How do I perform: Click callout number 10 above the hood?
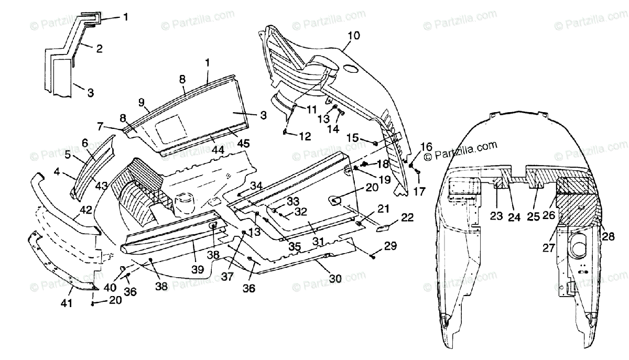coord(354,36)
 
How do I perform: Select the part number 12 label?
coord(305,136)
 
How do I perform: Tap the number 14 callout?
coord(333,129)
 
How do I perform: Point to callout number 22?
coord(407,217)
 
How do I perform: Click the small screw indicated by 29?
coord(372,256)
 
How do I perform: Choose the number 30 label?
coord(335,279)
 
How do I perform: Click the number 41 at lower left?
coord(66,303)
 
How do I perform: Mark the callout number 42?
coord(86,210)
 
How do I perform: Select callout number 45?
coord(243,143)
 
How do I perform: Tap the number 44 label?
coord(218,150)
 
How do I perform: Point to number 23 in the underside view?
coord(497,216)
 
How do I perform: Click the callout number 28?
coord(608,236)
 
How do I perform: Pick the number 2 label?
coord(99,49)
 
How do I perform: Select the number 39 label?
coord(198,269)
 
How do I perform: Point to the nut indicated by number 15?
coord(375,144)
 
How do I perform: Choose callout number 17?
coord(420,191)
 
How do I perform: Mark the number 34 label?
coord(256,186)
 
